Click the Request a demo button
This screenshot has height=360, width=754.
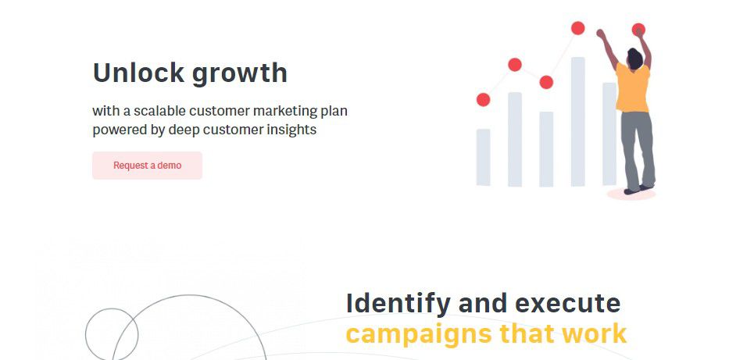tap(147, 166)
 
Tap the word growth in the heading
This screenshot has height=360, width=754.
tap(239, 74)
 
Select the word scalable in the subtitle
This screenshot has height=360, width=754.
tap(159, 111)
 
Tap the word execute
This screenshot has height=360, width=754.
tap(567, 304)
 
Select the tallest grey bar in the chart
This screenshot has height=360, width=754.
tap(578, 122)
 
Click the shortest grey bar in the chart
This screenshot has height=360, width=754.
tap(484, 157)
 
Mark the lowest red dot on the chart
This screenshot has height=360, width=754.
tap(484, 100)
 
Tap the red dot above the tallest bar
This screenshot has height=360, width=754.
tap(578, 28)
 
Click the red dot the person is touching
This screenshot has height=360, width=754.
tap(638, 30)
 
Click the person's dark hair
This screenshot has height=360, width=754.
tap(634, 58)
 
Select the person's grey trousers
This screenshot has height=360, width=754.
tap(638, 150)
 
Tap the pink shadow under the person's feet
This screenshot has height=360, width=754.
tap(631, 194)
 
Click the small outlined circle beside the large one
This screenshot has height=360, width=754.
tap(86, 334)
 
